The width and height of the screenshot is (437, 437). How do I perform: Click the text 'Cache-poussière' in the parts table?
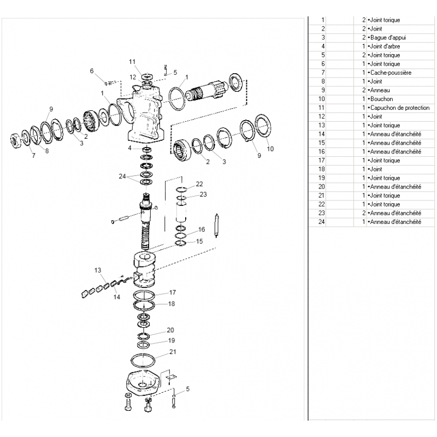tap(391, 73)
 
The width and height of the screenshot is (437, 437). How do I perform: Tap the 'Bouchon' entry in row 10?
tap(381, 99)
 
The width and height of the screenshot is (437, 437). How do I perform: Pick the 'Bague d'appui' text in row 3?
tap(387, 38)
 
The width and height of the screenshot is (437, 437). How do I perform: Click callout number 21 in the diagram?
tap(173, 352)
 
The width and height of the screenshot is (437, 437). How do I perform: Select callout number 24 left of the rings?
tap(122, 176)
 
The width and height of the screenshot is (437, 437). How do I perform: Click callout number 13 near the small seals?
tap(98, 270)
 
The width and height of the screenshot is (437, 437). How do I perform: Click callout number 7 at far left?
tap(33, 156)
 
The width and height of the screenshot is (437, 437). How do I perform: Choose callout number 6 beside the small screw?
tap(92, 71)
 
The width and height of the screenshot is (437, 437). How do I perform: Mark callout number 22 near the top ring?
tap(199, 184)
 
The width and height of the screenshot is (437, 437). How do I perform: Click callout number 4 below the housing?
tap(129, 147)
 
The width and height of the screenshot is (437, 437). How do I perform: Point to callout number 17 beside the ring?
tap(173, 292)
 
